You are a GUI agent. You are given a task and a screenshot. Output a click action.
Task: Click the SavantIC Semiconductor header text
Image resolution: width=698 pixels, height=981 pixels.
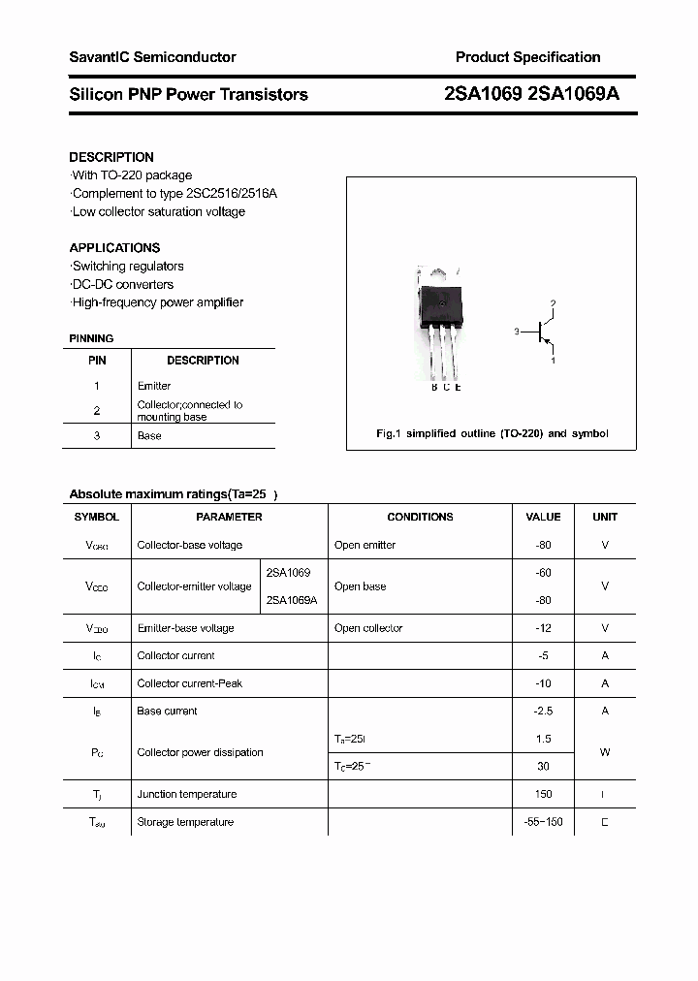[152, 57]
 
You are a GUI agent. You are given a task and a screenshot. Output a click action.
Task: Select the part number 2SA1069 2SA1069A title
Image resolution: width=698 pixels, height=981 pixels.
[530, 94]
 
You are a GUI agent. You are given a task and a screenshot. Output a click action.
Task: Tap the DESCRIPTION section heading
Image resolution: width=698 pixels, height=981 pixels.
[111, 157]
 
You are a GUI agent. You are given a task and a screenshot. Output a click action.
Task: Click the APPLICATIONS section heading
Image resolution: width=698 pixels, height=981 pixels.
[114, 248]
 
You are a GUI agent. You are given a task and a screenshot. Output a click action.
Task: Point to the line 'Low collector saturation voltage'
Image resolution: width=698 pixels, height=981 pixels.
[158, 212]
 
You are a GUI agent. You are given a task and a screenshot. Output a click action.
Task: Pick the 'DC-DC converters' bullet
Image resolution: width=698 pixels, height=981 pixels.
[122, 285]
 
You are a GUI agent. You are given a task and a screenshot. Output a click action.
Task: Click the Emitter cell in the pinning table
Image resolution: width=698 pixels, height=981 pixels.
[154, 386]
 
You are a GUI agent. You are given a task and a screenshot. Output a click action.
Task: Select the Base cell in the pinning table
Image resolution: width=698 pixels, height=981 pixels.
[149, 436]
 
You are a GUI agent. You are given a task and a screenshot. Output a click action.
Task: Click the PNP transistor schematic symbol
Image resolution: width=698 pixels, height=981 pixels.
[541, 332]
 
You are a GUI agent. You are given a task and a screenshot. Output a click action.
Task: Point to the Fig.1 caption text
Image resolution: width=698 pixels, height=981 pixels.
[492, 433]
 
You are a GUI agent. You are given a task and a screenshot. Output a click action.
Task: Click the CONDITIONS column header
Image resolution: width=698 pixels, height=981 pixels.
[420, 518]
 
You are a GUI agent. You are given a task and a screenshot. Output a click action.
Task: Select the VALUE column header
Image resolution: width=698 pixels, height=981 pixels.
[543, 518]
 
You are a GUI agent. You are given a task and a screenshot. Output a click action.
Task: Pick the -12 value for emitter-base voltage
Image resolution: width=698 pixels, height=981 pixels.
[543, 628]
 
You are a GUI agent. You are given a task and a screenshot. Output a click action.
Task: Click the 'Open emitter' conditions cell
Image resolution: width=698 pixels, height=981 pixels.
[365, 546]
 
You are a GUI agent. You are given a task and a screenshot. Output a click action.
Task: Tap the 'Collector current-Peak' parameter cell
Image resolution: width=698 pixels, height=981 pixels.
[190, 683]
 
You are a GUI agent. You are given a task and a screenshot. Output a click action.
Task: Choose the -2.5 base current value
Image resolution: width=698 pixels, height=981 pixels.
[543, 712]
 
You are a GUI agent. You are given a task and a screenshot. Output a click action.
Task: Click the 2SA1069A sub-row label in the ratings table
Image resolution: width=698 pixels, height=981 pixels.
[292, 600]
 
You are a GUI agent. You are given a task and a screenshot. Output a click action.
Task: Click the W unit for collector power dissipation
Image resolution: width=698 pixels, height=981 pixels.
[605, 752]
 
